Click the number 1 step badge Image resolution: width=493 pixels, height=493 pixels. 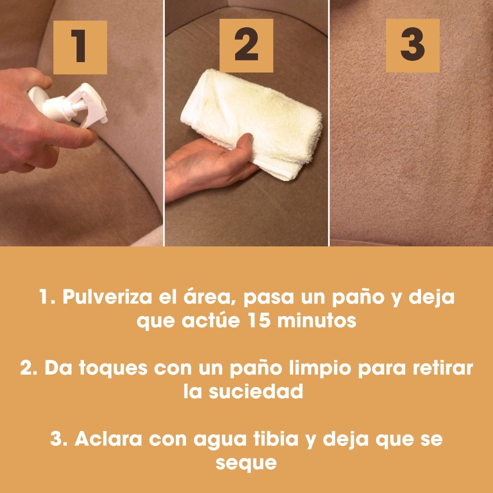[x=80, y=47]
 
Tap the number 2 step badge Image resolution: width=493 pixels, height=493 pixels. [x=246, y=45]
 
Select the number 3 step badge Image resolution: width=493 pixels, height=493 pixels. [x=413, y=45]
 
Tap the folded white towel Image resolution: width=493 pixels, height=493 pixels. [x=252, y=123]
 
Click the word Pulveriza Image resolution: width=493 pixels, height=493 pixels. [x=107, y=297]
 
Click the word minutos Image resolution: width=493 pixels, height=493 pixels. [x=317, y=321]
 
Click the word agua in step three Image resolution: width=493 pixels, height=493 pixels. [x=220, y=440]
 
